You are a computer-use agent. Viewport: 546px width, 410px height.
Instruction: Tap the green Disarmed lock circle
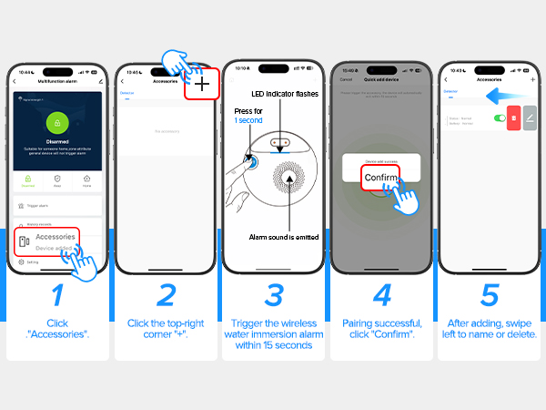[56, 123]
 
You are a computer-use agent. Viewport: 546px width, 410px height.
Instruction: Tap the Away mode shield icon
[56, 179]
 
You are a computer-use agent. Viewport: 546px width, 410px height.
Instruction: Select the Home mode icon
[86, 179]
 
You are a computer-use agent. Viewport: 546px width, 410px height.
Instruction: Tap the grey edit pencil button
[530, 118]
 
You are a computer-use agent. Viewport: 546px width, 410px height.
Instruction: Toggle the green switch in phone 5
[499, 118]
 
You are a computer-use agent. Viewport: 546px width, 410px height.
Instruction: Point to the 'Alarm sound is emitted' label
[284, 238]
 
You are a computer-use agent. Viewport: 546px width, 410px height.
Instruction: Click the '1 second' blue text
[248, 120]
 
